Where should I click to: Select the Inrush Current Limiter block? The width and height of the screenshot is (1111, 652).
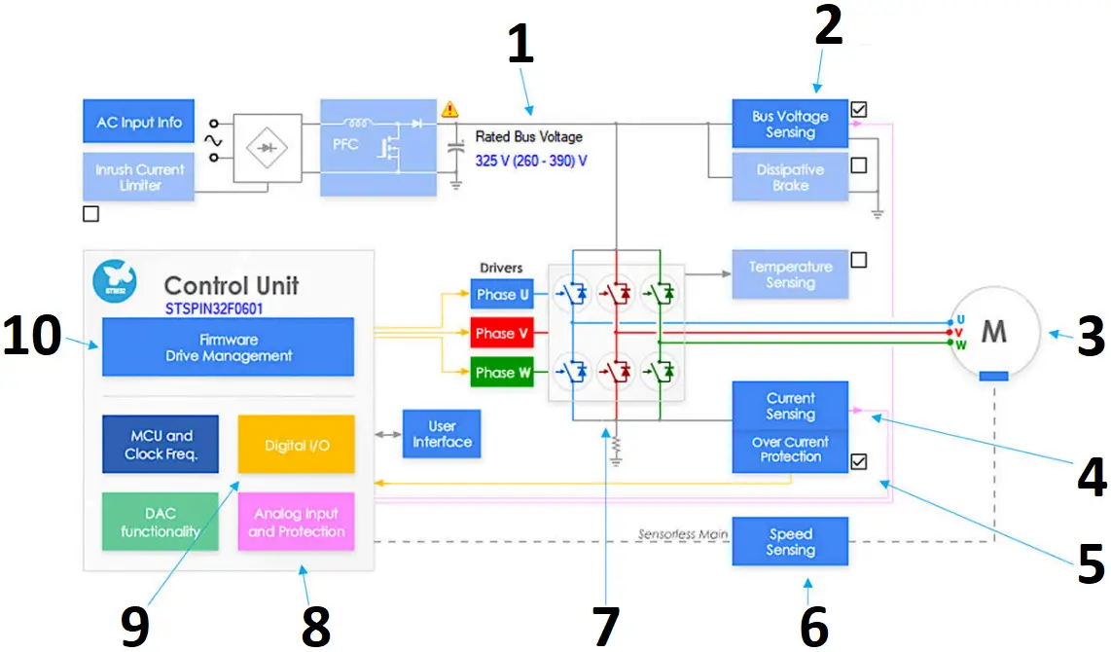coord(139,176)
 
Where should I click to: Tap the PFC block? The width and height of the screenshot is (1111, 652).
coord(377,147)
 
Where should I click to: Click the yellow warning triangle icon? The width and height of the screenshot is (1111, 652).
coord(449,110)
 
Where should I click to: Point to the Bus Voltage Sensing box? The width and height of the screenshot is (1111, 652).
coord(790,124)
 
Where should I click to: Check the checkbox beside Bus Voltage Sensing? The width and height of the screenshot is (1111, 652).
coord(858,110)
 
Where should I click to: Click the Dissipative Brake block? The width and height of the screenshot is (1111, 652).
coord(790,177)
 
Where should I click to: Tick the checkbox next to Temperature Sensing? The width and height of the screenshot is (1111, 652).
coord(858,261)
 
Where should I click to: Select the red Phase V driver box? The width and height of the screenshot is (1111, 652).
coord(502,334)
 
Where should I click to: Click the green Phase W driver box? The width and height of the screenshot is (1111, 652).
coord(502,373)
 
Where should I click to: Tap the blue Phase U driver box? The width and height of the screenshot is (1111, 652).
coord(502,295)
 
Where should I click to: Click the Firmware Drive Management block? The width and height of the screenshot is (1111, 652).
coord(229,347)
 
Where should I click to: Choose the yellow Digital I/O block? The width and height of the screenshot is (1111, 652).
coord(297,445)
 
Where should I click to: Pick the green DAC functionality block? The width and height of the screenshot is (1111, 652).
coord(161,523)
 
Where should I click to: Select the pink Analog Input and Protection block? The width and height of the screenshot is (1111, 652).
coord(297,523)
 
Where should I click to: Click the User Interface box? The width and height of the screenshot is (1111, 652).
coord(442,434)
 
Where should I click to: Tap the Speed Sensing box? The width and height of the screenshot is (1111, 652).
coord(790,542)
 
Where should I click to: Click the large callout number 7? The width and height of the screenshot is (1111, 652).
coord(605,625)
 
